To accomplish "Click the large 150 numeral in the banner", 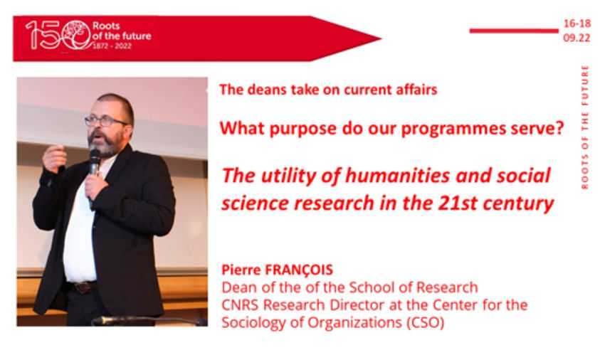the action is point(58,35).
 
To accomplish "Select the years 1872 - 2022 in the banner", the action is point(112,46).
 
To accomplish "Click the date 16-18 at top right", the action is point(577,23).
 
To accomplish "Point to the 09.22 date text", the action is point(577,38).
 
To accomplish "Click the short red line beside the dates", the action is point(514,31).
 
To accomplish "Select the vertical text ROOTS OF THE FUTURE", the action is point(585,127).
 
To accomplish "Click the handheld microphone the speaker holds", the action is point(93,170).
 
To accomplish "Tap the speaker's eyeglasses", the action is point(106,121).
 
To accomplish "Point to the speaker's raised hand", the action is point(54,158).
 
